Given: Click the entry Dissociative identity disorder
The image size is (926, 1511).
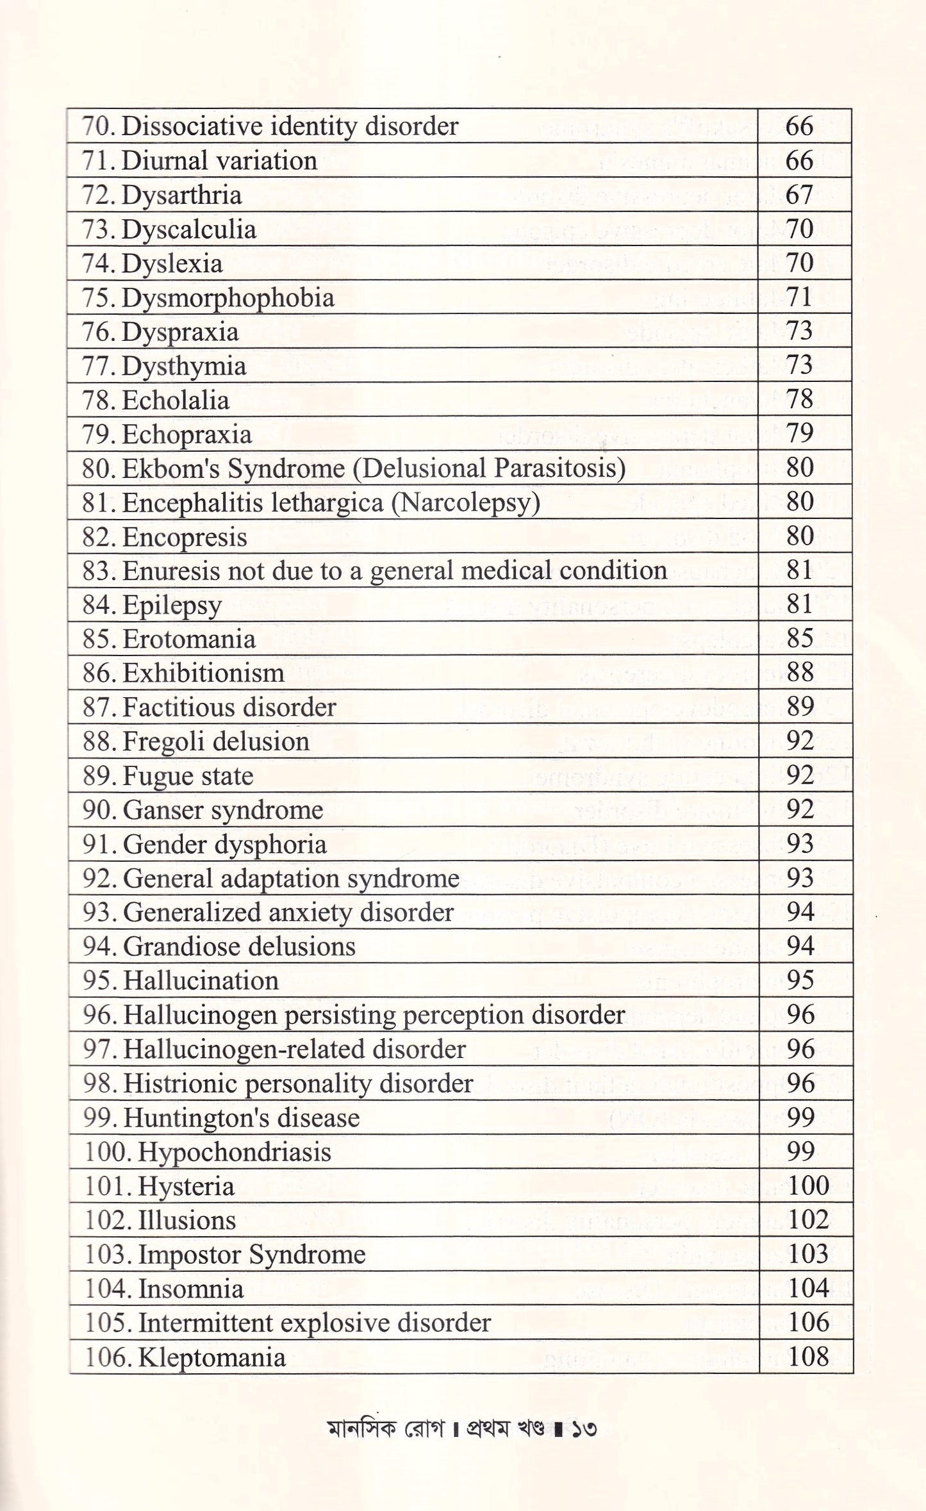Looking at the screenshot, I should pyautogui.click(x=289, y=126).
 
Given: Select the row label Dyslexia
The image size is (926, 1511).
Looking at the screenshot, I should pyautogui.click(x=172, y=263).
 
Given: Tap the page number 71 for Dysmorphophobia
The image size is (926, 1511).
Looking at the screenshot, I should pyautogui.click(x=799, y=297).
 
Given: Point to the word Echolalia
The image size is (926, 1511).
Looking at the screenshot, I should pyautogui.click(x=175, y=400).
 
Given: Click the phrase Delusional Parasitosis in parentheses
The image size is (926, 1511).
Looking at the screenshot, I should pyautogui.click(x=489, y=468).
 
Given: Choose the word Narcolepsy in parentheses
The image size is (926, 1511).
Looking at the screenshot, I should pyautogui.click(x=466, y=502).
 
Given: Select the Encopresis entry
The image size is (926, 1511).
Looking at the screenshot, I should pyautogui.click(x=184, y=537).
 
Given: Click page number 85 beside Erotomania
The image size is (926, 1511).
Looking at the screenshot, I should pyautogui.click(x=799, y=638).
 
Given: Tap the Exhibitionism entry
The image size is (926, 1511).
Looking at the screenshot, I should pyautogui.click(x=203, y=673).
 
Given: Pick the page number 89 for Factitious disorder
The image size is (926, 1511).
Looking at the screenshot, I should pyautogui.click(x=799, y=707).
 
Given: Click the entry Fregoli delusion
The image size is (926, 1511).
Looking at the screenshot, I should pyautogui.click(x=215, y=741).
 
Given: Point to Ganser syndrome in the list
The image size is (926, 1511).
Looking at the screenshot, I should pyautogui.click(x=222, y=810).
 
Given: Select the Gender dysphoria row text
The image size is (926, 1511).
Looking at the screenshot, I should pyautogui.click(x=224, y=844).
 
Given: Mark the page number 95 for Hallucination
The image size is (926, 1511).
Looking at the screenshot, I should pyautogui.click(x=800, y=980).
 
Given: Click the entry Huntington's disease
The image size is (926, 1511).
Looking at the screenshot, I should pyautogui.click(x=241, y=1118).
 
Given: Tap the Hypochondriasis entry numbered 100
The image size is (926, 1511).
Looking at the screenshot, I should pyautogui.click(x=235, y=1152).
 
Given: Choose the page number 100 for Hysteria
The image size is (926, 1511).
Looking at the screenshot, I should pyautogui.click(x=808, y=1185).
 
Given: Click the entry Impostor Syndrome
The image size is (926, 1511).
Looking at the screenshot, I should pyautogui.click(x=251, y=1254).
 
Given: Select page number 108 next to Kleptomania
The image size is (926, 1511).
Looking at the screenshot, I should pyautogui.click(x=808, y=1357).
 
